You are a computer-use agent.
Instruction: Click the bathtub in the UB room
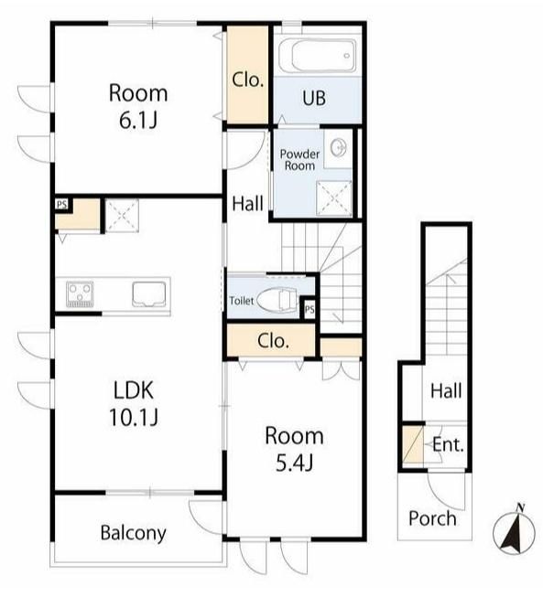click(317, 56)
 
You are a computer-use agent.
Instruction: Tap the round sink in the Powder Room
click(339, 148)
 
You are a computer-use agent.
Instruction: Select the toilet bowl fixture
click(277, 300)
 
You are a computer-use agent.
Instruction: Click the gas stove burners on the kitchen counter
click(80, 294)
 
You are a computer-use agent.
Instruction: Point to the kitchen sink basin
click(149, 294)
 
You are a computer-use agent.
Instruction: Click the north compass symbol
click(514, 530)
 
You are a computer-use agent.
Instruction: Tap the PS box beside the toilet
click(310, 310)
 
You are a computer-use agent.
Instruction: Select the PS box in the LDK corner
click(61, 205)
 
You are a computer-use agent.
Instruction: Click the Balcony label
click(134, 533)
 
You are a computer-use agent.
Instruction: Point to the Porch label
click(432, 518)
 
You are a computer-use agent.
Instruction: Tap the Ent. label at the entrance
click(448, 444)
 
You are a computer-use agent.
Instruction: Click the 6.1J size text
click(138, 121)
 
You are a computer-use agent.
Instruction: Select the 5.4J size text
click(294, 464)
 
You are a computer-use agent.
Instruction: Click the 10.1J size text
click(134, 417)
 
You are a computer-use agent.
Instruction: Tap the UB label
click(314, 98)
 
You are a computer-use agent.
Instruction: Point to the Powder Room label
click(299, 160)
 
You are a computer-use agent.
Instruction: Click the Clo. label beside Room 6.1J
click(248, 80)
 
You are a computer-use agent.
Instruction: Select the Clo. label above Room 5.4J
click(273, 341)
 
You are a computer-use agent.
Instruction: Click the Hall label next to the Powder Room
click(248, 204)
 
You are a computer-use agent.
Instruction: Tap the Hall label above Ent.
click(446, 391)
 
